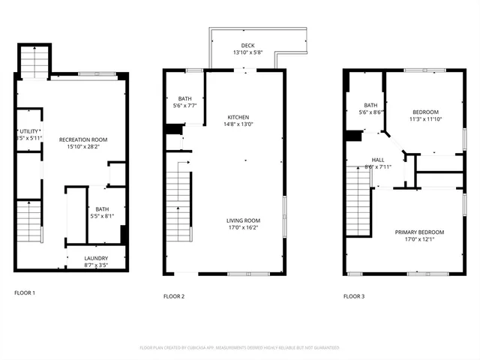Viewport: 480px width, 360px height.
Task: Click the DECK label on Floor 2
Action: (238, 46)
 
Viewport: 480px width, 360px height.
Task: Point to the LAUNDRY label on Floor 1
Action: (96, 258)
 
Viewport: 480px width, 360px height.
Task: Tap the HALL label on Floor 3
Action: (378, 160)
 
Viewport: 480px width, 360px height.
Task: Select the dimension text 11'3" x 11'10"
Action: (425, 119)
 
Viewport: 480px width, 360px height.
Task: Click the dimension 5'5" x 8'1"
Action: (103, 217)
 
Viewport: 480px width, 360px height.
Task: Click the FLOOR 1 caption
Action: (25, 292)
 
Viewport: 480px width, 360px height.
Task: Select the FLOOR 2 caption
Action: (174, 296)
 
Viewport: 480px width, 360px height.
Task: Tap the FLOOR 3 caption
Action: (354, 296)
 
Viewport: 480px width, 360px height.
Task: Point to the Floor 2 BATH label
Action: (184, 99)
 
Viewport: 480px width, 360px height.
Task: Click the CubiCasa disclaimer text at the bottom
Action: (239, 348)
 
